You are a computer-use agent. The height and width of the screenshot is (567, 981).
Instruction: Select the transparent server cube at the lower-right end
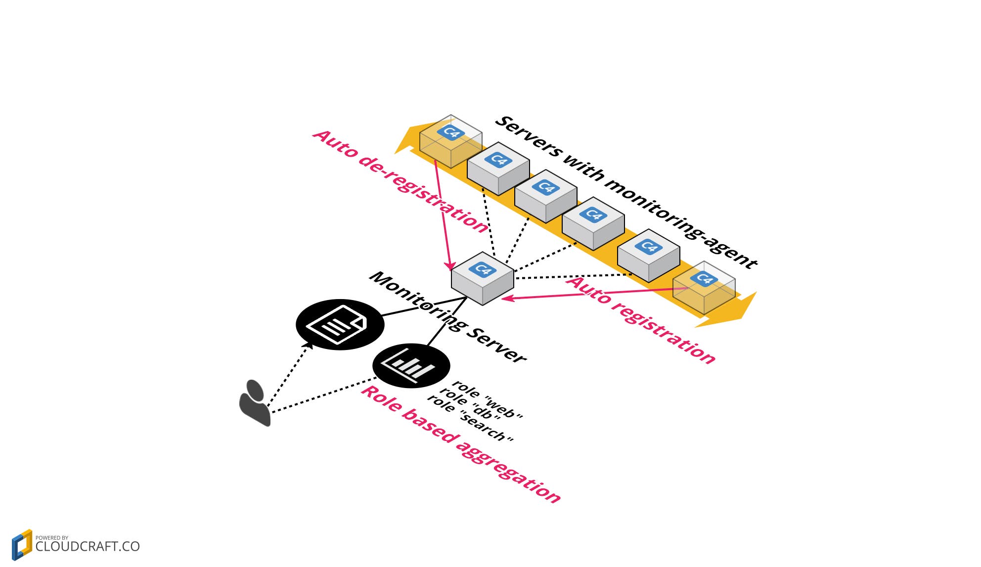pyautogui.click(x=704, y=288)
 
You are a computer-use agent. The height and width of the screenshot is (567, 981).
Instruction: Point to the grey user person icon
pyautogui.click(x=255, y=402)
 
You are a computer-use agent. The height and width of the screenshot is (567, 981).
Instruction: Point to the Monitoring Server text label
pyautogui.click(x=448, y=317)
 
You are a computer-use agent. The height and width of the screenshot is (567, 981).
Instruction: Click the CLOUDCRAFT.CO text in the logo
pyautogui.click(x=88, y=547)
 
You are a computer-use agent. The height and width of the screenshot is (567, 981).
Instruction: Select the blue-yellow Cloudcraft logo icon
pyautogui.click(x=22, y=545)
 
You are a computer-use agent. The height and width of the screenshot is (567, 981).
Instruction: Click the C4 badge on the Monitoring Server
pyautogui.click(x=482, y=269)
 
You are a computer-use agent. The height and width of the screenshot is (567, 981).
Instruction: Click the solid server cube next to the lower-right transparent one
pyautogui.click(x=648, y=255)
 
